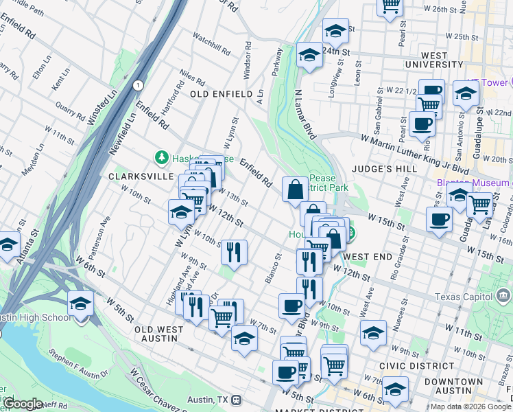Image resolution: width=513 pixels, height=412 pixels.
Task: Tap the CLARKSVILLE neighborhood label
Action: tap(141, 176)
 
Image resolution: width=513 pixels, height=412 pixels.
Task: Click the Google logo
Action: tap(23, 404)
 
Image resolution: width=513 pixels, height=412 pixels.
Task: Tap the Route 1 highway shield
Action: tap(139, 85)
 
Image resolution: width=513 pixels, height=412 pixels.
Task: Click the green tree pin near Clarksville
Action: tap(162, 158)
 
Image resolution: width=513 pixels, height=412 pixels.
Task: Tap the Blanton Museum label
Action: tap(473, 183)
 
